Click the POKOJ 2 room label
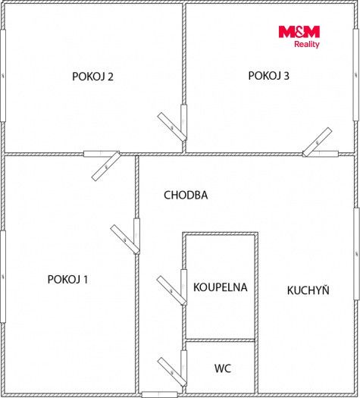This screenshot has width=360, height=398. [x=92, y=77]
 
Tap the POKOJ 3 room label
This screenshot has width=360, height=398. [x=268, y=76]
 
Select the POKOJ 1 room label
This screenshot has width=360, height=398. [x=67, y=280]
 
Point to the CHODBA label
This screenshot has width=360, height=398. [x=186, y=195]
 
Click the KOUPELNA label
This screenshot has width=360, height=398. [x=221, y=287]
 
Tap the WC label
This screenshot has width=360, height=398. [x=223, y=368]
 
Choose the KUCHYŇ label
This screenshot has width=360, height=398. [x=308, y=290]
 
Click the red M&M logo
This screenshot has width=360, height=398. [x=299, y=32]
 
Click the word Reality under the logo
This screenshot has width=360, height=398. [x=307, y=44]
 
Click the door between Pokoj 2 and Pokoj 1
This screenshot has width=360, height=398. [x=104, y=163]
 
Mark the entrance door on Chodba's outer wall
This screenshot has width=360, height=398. [x=159, y=395]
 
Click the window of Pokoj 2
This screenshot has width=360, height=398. [x=3, y=76]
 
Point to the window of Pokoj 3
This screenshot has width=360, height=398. [x=356, y=75]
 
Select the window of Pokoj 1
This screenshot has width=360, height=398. [x=3, y=277]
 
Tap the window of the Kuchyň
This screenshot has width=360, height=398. [x=356, y=254]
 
